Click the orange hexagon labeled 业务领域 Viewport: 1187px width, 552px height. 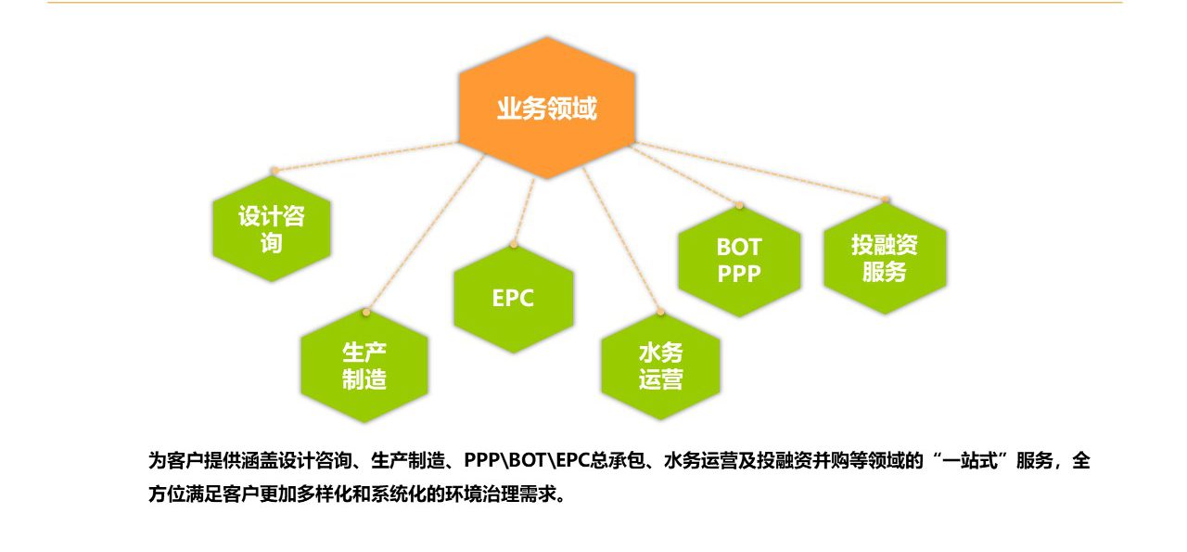[x=547, y=108]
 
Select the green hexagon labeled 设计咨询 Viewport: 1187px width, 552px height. [x=272, y=228]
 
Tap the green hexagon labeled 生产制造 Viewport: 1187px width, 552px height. [x=364, y=366]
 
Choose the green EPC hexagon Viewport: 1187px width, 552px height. [x=514, y=298]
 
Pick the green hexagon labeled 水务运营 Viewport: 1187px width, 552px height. [x=660, y=366]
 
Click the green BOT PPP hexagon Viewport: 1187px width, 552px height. [x=739, y=261]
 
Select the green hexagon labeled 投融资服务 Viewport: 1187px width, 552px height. [x=885, y=257]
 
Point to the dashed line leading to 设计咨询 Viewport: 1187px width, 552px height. [x=366, y=157]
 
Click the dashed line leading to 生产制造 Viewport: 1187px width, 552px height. [x=425, y=233]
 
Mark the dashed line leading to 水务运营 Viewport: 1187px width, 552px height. [x=621, y=239]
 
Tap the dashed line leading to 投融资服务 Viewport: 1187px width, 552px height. [x=759, y=171]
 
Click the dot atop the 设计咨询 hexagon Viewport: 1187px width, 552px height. [x=274, y=171]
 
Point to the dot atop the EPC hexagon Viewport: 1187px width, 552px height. [x=514, y=244]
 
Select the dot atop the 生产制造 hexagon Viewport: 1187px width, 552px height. [x=366, y=313]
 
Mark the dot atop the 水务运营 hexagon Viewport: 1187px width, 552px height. [x=661, y=313]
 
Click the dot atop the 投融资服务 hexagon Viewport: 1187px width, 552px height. [x=886, y=199]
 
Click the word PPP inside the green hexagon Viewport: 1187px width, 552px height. [x=739, y=274]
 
